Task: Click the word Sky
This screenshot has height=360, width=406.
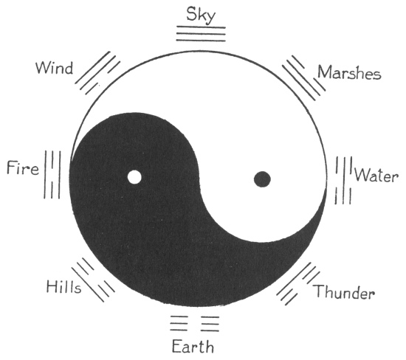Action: [x=201, y=15]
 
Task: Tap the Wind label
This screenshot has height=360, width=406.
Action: [x=55, y=69]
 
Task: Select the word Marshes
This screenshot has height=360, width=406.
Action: [x=349, y=72]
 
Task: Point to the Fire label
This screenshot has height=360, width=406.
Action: [x=23, y=167]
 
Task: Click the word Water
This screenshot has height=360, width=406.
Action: [x=376, y=176]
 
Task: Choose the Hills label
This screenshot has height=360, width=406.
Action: [x=63, y=287]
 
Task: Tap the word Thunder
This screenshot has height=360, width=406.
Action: [x=345, y=292]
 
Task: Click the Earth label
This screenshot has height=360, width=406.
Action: [x=193, y=347]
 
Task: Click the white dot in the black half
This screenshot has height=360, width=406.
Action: [x=134, y=177]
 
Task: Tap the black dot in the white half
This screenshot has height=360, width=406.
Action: [x=262, y=179]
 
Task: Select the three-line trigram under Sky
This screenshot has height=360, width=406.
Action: [x=201, y=34]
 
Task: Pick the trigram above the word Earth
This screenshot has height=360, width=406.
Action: [x=195, y=323]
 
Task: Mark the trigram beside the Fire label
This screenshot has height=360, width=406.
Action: [x=52, y=175]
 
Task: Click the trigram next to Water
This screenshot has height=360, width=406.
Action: [x=343, y=181]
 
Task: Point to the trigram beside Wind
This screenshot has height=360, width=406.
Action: [x=97, y=73]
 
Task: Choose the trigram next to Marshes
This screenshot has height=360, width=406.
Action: [x=303, y=77]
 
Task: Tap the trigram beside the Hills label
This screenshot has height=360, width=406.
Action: [x=93, y=280]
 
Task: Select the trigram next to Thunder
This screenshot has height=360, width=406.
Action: [x=298, y=284]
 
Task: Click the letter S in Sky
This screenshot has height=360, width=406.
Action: [x=191, y=14]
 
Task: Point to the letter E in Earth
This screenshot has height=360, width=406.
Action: [x=176, y=347]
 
